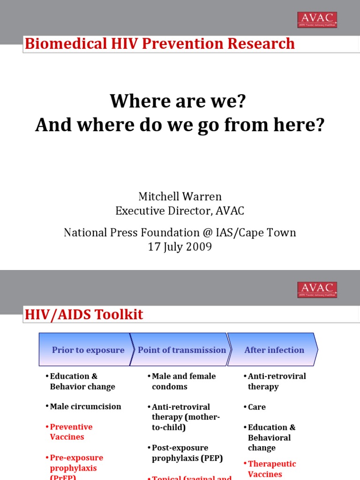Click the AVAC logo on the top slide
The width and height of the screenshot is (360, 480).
click(317, 20)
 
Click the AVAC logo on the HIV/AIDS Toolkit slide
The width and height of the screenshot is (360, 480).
click(317, 290)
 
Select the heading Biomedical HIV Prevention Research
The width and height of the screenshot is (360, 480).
click(160, 44)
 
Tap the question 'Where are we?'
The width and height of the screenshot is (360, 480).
click(178, 101)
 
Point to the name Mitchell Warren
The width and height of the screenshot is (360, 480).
click(180, 196)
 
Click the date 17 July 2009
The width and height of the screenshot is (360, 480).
click(180, 247)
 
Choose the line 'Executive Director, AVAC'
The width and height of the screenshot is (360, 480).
click(180, 211)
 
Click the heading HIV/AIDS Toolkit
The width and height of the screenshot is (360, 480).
click(84, 315)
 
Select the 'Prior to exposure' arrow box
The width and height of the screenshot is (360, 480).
click(84, 350)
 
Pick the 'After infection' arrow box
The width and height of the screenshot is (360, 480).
click(274, 350)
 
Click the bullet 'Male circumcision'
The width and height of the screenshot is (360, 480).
click(85, 406)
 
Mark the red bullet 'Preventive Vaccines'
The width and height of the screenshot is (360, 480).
click(71, 432)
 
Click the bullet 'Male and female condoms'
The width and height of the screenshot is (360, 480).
click(183, 381)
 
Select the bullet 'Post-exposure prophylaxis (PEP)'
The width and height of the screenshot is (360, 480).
click(187, 453)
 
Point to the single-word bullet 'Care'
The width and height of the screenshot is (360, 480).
click(256, 407)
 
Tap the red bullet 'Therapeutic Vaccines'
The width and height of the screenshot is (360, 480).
click(271, 469)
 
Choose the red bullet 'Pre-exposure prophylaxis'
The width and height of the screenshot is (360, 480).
click(76, 463)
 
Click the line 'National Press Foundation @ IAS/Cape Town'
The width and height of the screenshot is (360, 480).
click(180, 232)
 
